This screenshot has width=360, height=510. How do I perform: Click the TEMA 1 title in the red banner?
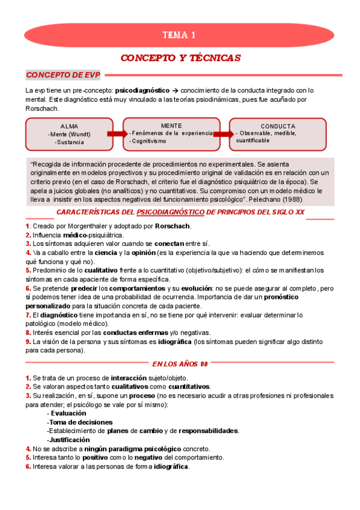coord(180,35)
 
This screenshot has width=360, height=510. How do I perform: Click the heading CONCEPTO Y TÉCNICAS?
coord(180,58)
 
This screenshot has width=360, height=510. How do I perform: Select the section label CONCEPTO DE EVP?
coord(62,75)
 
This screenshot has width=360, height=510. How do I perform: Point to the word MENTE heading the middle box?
coord(171,125)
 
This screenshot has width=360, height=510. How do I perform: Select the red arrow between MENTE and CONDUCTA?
coord(224,134)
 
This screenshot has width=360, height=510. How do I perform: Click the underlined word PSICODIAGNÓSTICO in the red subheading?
coord(170,212)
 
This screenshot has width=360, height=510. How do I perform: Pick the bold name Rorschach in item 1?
coord(172,226)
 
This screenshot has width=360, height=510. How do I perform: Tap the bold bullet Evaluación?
coord(68,413)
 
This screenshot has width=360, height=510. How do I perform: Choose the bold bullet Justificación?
coord(70,440)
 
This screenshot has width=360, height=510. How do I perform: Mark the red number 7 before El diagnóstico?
coord(27,315)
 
